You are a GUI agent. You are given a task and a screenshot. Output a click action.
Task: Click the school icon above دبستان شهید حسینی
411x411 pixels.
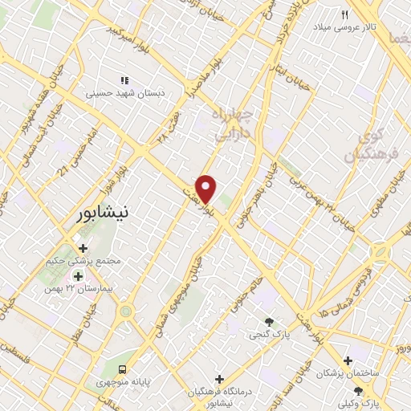[x=124, y=80]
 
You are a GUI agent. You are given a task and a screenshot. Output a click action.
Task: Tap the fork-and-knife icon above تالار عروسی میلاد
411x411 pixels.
[x=346, y=14]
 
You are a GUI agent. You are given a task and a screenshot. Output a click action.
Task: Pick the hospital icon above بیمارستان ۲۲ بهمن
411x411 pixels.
[x=79, y=275]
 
